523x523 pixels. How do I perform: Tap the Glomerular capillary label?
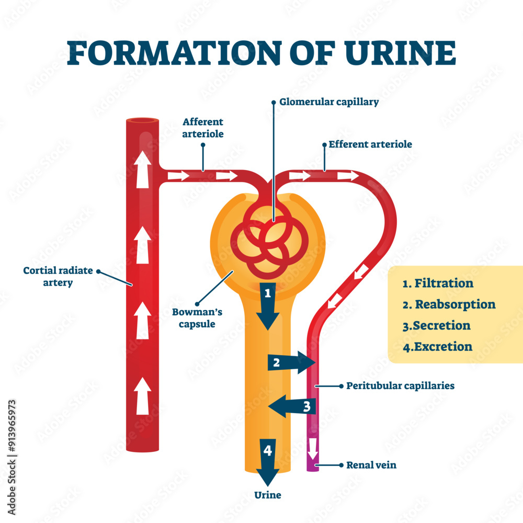point(329,103)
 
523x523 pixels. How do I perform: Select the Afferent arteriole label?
point(202,128)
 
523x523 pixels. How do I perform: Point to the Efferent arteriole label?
point(370,144)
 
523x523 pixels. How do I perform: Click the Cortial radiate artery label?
point(58,277)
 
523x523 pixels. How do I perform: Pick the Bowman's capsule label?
point(198,317)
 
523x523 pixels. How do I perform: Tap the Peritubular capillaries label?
point(400,386)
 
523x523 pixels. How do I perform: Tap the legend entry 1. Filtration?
point(438,283)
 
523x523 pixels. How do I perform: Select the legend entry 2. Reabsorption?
point(449,304)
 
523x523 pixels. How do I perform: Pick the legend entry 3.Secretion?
point(436,325)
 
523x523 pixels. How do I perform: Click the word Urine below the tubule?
point(268,495)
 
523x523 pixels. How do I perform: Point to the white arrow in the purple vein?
point(312,448)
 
